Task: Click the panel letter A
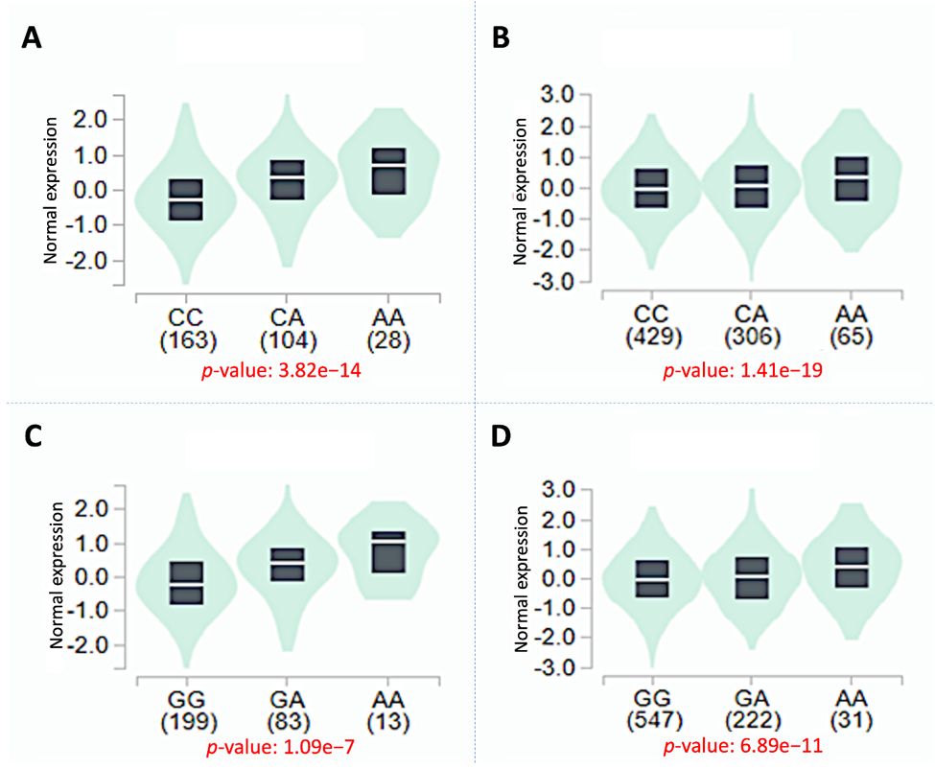coord(32,37)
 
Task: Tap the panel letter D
coord(501,435)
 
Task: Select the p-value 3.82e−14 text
coord(281,371)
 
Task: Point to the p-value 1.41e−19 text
coord(743,370)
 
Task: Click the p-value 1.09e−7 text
coord(280,747)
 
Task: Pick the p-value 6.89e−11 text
coord(743,746)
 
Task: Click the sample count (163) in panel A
coord(188,341)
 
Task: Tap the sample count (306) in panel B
coord(752,338)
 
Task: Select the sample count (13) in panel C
coord(388,723)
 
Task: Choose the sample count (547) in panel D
coord(654,720)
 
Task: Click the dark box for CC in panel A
coord(185,199)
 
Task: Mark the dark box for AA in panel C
coord(388,552)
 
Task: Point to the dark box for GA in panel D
coord(751,578)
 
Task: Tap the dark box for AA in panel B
coord(851,179)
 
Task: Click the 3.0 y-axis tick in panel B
coord(557,95)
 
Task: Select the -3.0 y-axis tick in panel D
coord(553,667)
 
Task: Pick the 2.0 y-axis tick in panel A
coord(89,121)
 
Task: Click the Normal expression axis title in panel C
coord(56,575)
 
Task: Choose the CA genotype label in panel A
coord(287,317)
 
